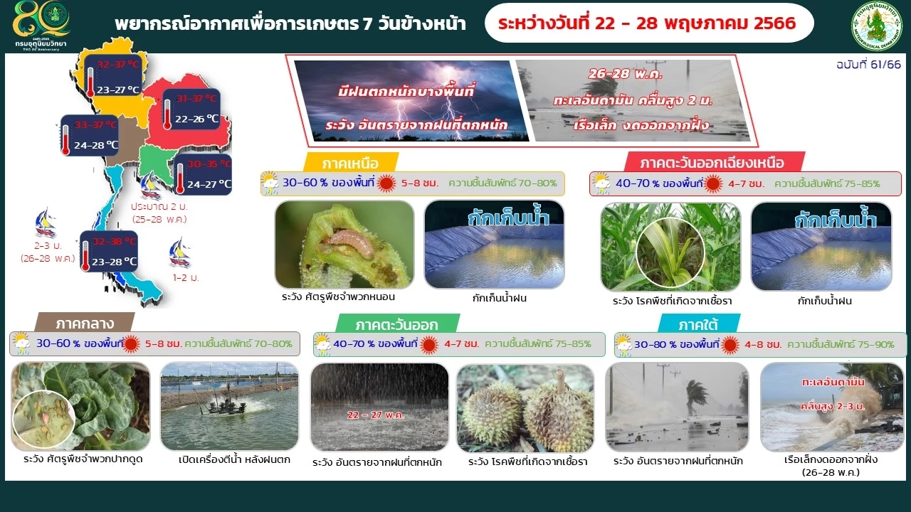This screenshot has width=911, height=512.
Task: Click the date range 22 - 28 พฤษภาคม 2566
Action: [647, 23]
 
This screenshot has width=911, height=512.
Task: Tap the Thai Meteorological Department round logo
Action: [876, 26]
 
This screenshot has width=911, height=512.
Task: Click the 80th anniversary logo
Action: [41, 25]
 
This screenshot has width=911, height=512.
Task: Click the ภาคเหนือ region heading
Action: [350, 162]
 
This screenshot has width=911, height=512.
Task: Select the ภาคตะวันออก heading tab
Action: [386, 324]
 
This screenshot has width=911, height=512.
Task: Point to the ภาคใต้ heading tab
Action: [698, 324]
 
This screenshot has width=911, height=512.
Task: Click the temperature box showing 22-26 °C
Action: [190, 109]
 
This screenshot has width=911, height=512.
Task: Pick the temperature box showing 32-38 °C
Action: [109, 251]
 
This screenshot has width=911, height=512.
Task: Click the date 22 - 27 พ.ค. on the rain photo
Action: [374, 415]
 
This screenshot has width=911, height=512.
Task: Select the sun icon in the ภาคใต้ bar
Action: [730, 345]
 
